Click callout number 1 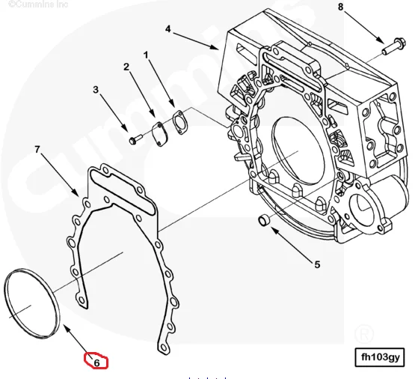tap(146, 54)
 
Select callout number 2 tap(126, 67)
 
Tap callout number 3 tap(96, 91)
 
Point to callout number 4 tap(168, 29)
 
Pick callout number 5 tap(316, 264)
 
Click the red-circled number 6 tap(96, 362)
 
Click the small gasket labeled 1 tap(179, 120)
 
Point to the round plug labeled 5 tap(263, 219)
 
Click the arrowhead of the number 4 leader tap(218, 48)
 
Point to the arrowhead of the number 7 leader tap(79, 196)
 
